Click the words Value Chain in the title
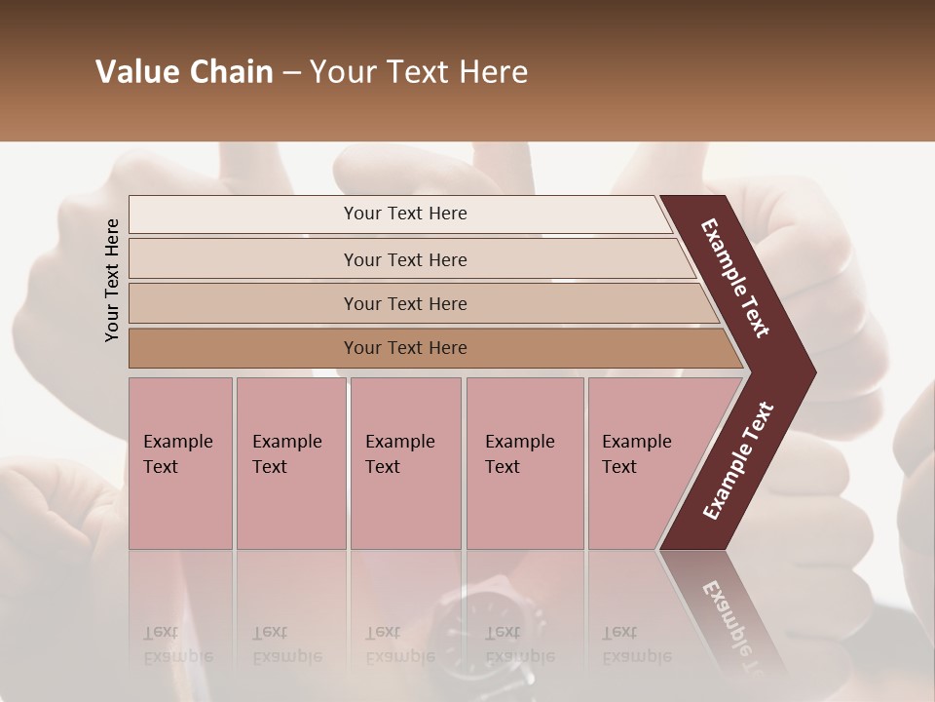[184, 72]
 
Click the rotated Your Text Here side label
[112, 280]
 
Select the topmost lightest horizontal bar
[399, 214]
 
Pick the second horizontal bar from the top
[409, 259]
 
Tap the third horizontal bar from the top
[419, 303]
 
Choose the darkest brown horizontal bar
[429, 348]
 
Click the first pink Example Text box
[180, 463]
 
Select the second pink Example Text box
[291, 463]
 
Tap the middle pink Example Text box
[405, 463]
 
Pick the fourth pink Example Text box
[525, 463]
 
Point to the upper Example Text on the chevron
[735, 278]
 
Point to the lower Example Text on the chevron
[738, 461]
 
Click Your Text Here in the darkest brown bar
[405, 348]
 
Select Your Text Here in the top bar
[405, 214]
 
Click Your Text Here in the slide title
[419, 72]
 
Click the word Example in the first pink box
[177, 442]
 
